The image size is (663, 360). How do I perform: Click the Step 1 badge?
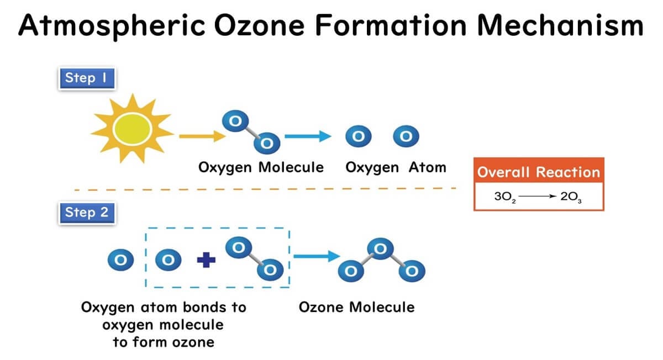point(87,78)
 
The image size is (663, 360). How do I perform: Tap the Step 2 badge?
point(87,213)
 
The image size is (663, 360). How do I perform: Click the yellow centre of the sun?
point(132,129)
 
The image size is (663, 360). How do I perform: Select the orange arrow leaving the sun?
point(202,136)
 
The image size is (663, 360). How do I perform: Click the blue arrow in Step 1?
point(308,136)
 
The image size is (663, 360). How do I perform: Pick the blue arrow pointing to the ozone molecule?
point(317,256)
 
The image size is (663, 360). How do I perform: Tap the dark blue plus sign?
point(206,260)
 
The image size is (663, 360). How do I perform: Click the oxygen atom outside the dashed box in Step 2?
point(121,260)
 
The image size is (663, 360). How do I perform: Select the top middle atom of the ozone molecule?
point(380,249)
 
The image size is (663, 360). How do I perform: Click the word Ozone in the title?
point(259,25)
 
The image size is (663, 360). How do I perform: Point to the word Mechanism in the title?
point(560,25)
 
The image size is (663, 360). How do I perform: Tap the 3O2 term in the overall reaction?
point(505,197)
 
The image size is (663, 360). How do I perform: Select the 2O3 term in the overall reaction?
point(571,197)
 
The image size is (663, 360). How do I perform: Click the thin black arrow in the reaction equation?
point(538,196)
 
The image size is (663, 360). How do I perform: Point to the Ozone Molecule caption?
point(357,307)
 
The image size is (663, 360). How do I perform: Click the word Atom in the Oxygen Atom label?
point(428,167)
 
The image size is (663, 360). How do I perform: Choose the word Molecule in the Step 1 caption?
point(291,167)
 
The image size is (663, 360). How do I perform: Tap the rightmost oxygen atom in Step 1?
point(406,136)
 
